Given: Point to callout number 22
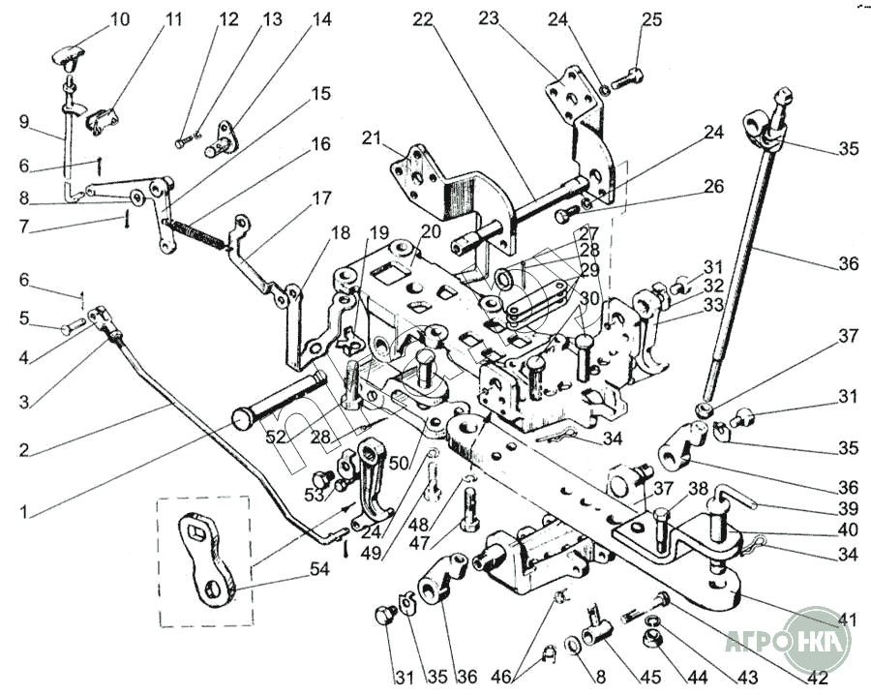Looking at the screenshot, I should click(424, 19).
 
